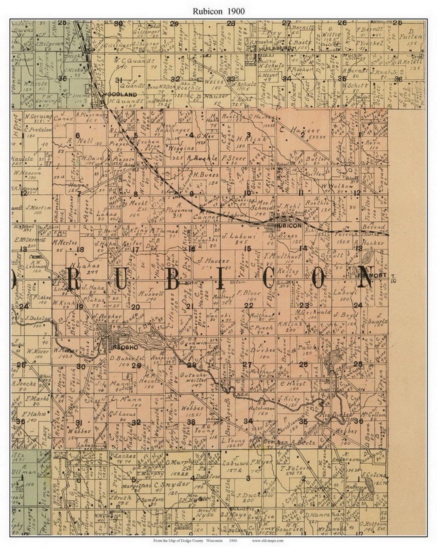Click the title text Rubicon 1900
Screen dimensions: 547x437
tap(218, 11)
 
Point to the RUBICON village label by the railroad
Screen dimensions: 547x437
tap(288, 225)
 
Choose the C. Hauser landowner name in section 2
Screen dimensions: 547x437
tap(299, 130)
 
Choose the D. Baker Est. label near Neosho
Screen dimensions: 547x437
tap(123, 358)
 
